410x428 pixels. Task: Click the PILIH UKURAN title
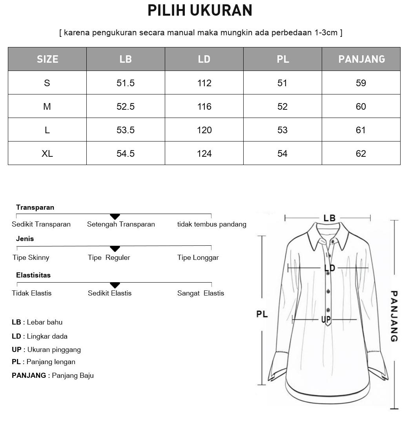(200, 11)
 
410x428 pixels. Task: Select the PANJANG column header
(361, 59)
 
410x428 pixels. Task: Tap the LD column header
(204, 59)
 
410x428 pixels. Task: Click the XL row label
(47, 154)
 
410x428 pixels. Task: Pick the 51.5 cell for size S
(126, 83)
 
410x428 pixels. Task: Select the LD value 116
(204, 107)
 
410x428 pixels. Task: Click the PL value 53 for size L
(282, 130)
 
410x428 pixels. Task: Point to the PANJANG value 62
(361, 154)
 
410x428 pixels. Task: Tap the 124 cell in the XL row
(204, 154)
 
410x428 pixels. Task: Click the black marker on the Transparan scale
(115, 216)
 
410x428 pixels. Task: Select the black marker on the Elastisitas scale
(115, 285)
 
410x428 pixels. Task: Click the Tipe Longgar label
(198, 258)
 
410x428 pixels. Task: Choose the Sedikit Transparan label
(41, 224)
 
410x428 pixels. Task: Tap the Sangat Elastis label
(200, 293)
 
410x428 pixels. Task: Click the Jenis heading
(25, 239)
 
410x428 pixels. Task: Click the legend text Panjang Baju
(73, 375)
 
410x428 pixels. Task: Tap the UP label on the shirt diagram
(326, 320)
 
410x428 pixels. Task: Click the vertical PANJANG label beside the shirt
(394, 316)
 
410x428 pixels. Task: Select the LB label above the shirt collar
(329, 218)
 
